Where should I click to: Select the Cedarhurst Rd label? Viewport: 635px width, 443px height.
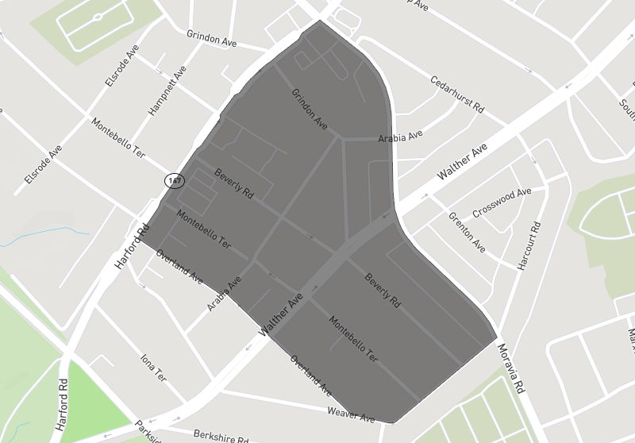pyautogui.click(x=457, y=94)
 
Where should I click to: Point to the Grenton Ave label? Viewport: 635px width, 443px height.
pyautogui.click(x=467, y=232)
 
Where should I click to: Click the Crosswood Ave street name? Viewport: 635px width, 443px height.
pyautogui.click(x=502, y=203)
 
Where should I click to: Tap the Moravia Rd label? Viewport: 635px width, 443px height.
pyautogui.click(x=511, y=368)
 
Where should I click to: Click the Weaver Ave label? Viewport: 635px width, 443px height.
pyautogui.click(x=351, y=414)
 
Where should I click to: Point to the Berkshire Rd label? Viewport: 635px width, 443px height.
pyautogui.click(x=221, y=436)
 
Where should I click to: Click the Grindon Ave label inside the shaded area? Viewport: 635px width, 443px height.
pyautogui.click(x=310, y=109)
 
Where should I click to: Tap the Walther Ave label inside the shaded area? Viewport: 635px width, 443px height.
pyautogui.click(x=282, y=315)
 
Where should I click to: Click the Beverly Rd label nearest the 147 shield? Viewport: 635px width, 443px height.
pyautogui.click(x=233, y=183)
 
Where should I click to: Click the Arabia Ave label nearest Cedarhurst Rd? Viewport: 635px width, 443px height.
pyautogui.click(x=401, y=137)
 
